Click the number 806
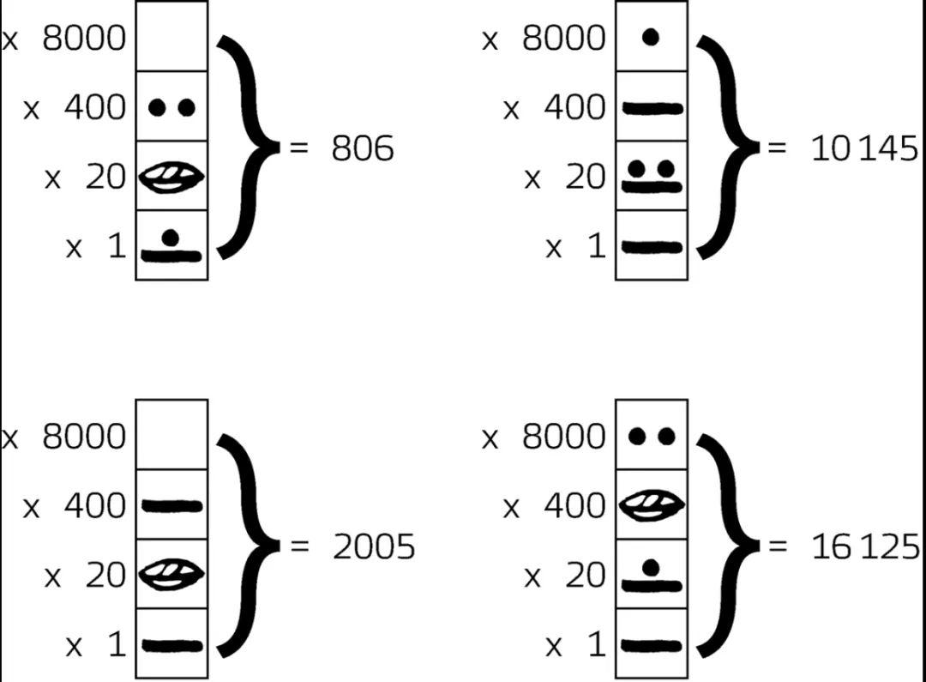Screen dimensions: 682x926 [363, 148]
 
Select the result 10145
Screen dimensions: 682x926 [864, 148]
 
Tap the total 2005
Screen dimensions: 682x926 [374, 546]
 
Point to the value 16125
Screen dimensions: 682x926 [864, 546]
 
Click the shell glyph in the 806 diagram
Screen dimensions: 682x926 [171, 178]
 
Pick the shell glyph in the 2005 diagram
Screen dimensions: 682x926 [171, 574]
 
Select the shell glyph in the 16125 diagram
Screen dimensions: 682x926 [652, 504]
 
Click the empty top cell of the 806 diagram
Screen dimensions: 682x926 [171, 37]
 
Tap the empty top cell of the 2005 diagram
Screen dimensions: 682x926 [171, 435]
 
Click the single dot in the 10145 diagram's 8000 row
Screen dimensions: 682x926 [651, 37]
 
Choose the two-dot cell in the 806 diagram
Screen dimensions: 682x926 [171, 108]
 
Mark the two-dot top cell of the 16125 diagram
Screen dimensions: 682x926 [652, 437]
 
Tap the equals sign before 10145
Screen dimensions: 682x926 [777, 148]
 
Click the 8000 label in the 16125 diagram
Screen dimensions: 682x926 [563, 437]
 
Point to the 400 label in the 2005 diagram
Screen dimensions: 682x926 [94, 506]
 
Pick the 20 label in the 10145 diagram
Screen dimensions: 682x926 [585, 178]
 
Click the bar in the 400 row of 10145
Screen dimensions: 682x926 [652, 109]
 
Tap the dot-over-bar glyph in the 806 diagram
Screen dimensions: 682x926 [171, 247]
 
